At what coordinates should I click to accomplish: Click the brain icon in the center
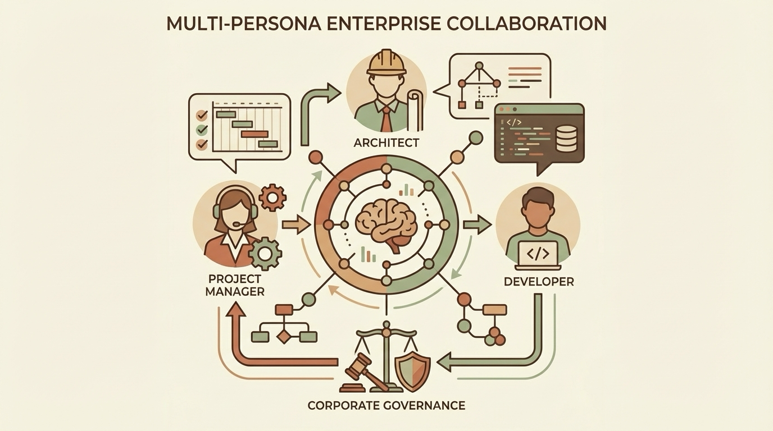[386, 225]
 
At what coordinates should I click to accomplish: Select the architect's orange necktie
[387, 120]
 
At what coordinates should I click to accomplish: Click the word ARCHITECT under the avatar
[387, 142]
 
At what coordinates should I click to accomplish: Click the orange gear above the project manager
[272, 197]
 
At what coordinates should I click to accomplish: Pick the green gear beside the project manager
[265, 254]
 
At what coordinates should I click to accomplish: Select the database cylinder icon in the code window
[566, 139]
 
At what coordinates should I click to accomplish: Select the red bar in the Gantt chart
[254, 134]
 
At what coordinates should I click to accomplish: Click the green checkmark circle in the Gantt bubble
[202, 130]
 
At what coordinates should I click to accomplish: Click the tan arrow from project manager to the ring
[295, 225]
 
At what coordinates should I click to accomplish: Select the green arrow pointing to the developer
[478, 225]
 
